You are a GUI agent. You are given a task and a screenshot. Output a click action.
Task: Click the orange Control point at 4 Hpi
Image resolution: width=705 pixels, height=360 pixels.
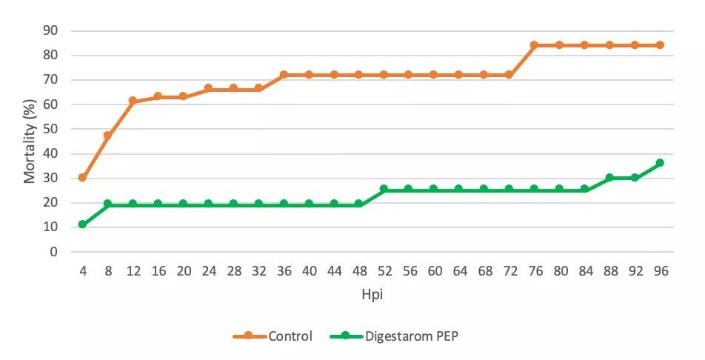pos(82,178)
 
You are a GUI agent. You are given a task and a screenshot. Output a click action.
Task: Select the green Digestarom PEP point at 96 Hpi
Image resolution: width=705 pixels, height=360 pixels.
pos(660,163)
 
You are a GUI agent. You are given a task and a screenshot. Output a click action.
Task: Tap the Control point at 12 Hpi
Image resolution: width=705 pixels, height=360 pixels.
pos(133,101)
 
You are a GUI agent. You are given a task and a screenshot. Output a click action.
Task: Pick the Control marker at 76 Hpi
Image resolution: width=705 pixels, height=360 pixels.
pos(534,45)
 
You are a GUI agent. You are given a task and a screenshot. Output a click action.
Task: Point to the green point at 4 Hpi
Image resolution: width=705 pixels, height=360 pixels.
pos(82,224)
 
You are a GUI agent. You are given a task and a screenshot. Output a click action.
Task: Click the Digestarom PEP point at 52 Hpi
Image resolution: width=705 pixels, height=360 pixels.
pos(384,189)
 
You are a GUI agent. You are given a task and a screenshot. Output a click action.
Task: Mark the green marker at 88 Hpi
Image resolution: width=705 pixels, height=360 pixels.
pos(609,178)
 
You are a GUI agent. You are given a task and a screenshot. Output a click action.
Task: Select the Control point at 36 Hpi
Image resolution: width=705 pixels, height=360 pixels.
pos(283,75)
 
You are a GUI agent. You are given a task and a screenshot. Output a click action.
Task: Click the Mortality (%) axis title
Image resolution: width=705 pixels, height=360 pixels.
pos(30,141)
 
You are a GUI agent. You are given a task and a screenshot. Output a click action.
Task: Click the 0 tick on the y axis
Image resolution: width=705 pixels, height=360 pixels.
pos(54,252)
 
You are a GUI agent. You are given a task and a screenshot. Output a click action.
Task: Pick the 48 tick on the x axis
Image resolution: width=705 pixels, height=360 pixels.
pos(358,272)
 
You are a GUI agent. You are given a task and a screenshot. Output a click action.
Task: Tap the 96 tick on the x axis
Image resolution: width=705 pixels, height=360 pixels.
pos(660,272)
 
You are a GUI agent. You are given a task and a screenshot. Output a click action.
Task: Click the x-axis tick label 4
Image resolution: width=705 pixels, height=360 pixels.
pos(82,272)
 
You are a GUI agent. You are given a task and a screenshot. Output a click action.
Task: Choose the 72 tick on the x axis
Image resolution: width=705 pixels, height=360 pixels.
pos(509,272)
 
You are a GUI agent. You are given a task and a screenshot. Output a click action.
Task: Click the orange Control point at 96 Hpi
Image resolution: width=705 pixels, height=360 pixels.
pos(660,45)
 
